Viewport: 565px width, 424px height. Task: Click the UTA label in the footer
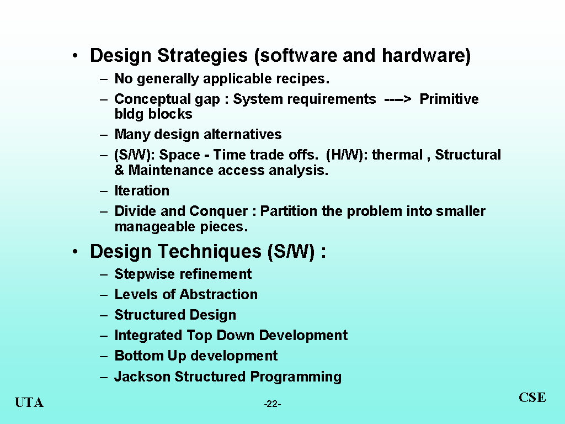pos(29,402)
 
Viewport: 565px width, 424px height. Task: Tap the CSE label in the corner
pos(532,397)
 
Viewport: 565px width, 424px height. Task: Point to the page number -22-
pos(273,404)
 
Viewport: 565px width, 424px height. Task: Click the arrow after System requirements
pos(398,99)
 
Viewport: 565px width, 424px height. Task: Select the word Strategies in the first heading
pos(202,56)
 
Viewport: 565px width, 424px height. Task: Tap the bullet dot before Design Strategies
pos(75,56)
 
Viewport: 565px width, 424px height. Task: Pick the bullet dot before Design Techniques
pos(75,252)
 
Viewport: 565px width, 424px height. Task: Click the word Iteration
pos(142,190)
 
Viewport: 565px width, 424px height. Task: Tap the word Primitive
pos(449,99)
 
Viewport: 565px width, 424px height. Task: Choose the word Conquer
pos(218,211)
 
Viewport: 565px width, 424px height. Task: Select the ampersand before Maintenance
pos(119,170)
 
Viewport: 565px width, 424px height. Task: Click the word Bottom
pos(138,356)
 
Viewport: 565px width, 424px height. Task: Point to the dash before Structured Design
pos(104,315)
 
